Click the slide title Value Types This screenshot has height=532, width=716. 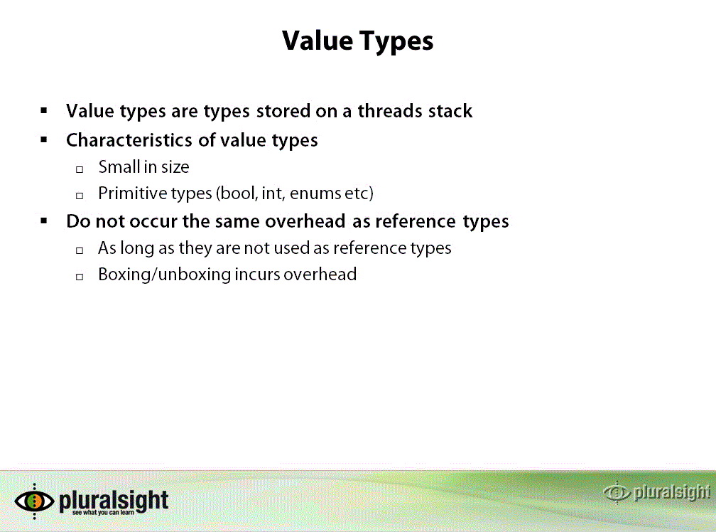357,41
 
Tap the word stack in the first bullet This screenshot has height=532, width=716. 450,111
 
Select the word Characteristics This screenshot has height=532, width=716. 129,140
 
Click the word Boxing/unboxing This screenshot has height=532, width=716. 164,275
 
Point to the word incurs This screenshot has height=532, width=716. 256,275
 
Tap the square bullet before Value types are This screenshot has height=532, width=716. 44,110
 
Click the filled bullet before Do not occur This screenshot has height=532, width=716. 44,221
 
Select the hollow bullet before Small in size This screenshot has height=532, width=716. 80,169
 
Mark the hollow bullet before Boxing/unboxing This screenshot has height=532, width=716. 80,277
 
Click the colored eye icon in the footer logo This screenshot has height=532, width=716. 34,501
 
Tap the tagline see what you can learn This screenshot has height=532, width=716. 103,513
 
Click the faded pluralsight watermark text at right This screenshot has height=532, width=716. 672,492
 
